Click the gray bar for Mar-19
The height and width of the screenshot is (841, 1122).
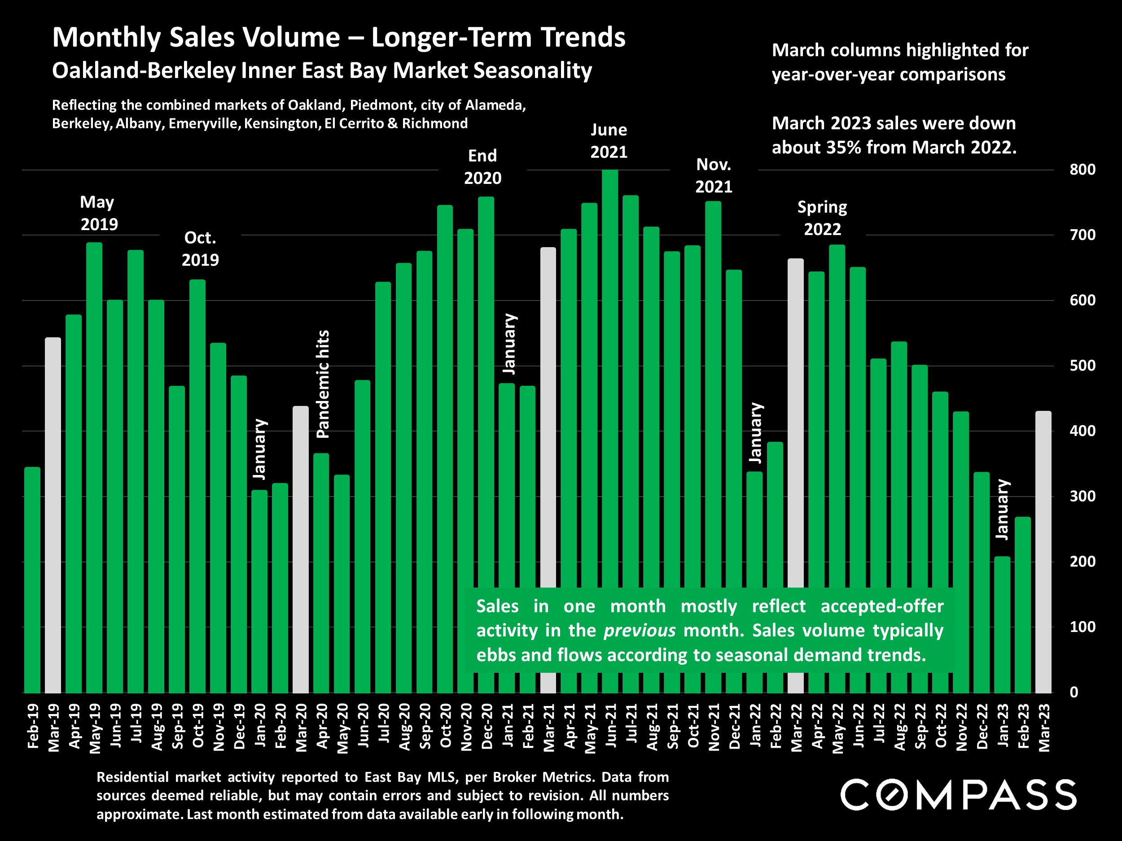53,514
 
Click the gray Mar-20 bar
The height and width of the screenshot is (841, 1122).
301,549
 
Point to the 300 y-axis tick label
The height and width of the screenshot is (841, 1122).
1082,496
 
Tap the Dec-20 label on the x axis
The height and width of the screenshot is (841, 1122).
487,726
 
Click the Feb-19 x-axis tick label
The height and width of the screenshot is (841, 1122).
33,726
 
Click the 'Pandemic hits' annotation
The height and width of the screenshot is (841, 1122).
323,384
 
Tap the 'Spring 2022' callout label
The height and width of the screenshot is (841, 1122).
822,218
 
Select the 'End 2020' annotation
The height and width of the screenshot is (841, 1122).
482,167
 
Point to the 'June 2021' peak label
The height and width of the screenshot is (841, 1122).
609,141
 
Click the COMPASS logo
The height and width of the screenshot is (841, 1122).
958,794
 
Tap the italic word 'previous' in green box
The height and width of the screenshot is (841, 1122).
639,631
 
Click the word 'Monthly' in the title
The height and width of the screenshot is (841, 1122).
106,38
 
